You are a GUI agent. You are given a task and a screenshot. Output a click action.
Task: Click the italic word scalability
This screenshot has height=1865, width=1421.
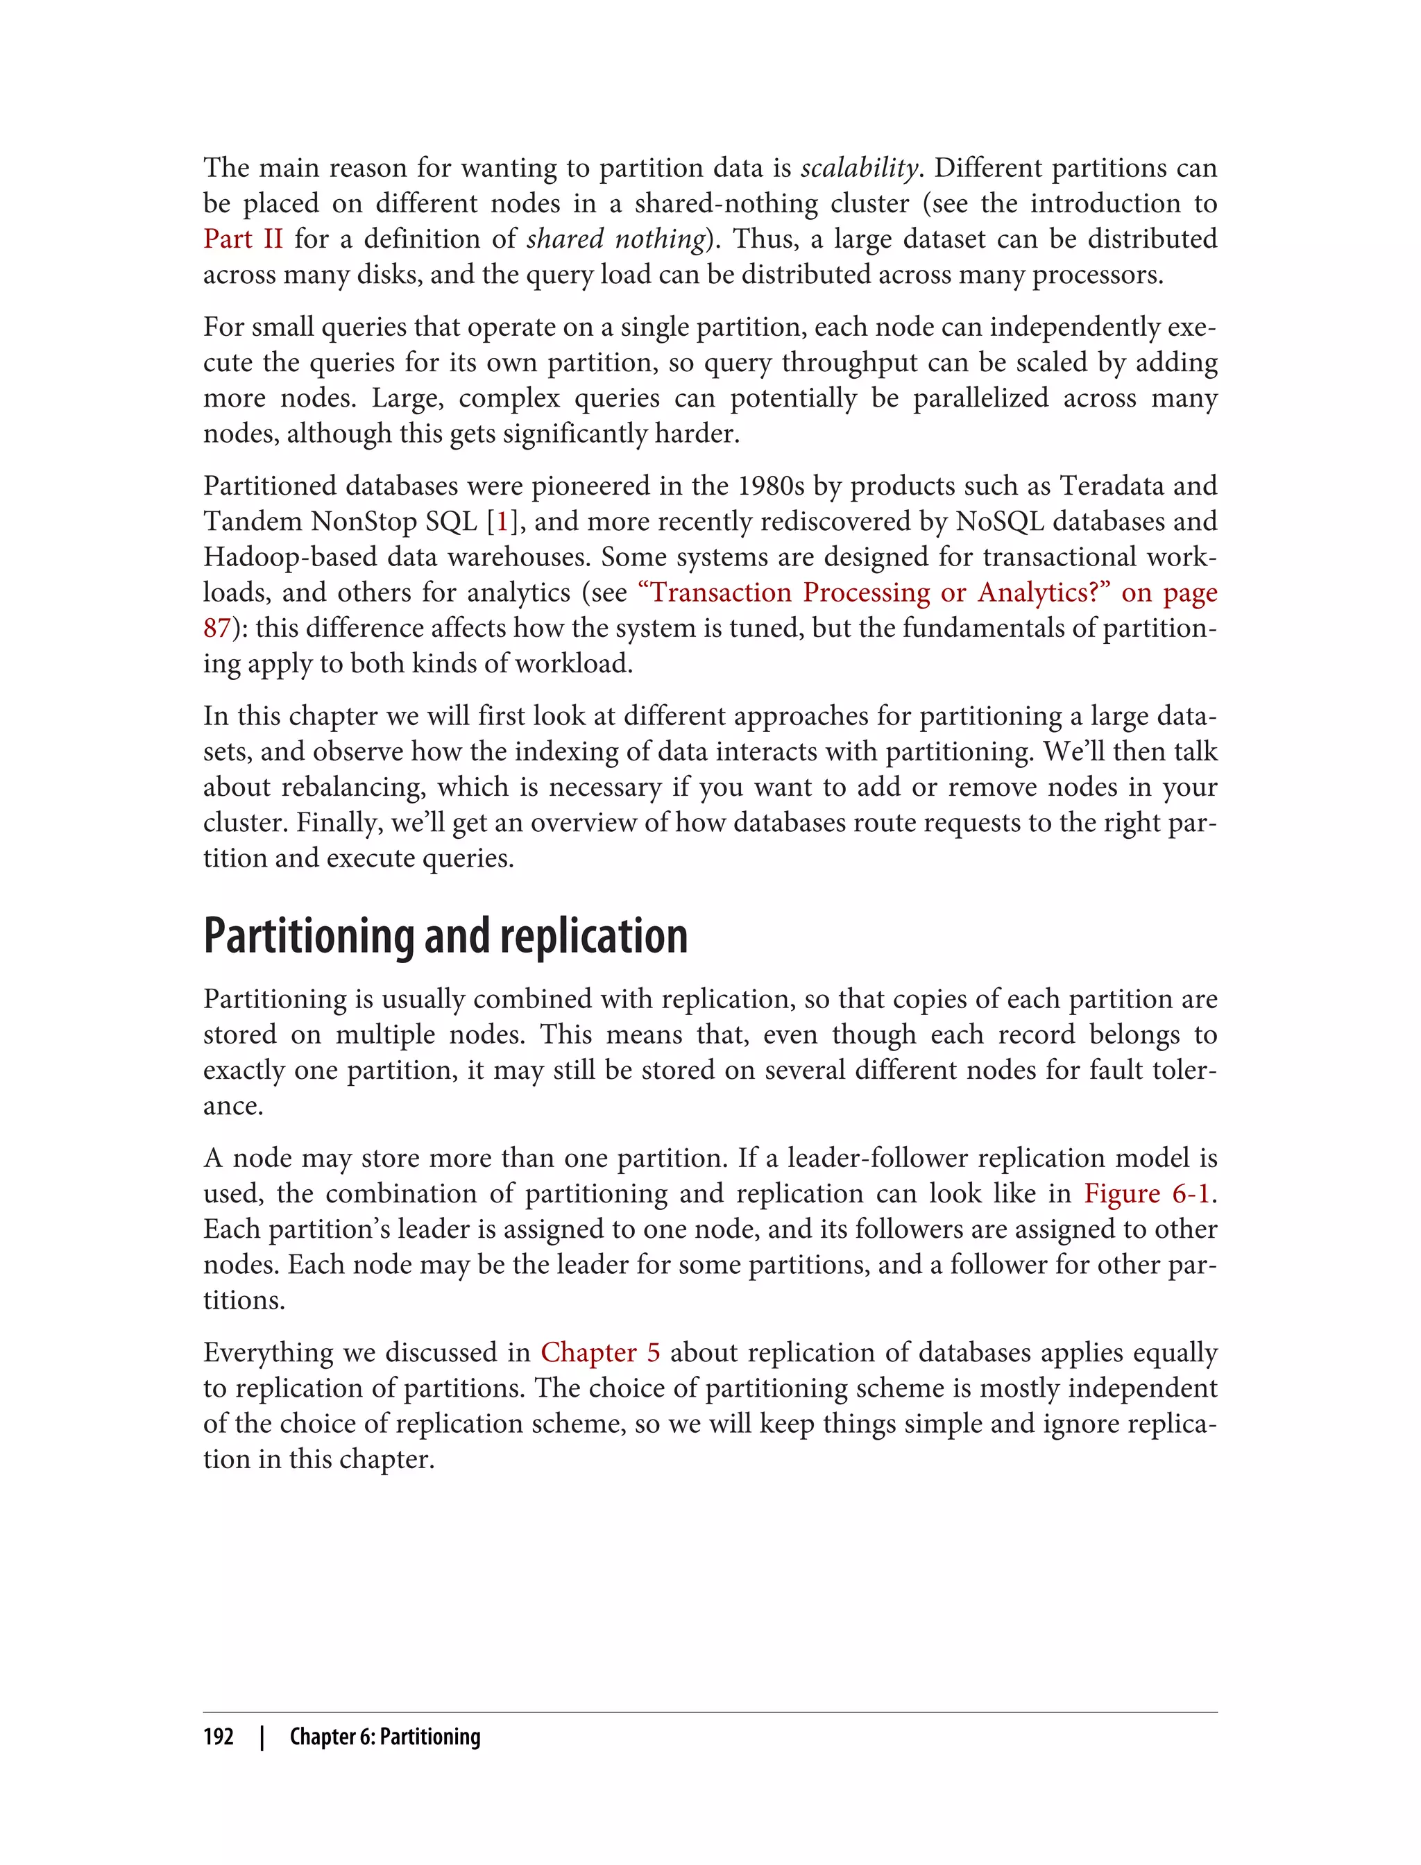pyautogui.click(x=858, y=169)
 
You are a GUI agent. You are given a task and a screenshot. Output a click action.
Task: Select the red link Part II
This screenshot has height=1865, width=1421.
pyautogui.click(x=243, y=239)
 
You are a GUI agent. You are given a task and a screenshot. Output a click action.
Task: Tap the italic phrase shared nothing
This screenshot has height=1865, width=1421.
pyautogui.click(x=615, y=239)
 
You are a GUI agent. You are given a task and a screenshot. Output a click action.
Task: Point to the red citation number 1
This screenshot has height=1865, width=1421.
pyautogui.click(x=502, y=522)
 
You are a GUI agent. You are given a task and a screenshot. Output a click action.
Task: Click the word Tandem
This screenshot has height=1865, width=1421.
pyautogui.click(x=252, y=522)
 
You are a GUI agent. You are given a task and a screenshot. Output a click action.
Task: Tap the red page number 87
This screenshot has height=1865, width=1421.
pyautogui.click(x=217, y=629)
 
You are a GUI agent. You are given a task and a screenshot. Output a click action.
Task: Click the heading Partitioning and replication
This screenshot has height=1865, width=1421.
pyautogui.click(x=445, y=936)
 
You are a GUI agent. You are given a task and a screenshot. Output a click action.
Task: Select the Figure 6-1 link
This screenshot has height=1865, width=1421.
pyautogui.click(x=1147, y=1193)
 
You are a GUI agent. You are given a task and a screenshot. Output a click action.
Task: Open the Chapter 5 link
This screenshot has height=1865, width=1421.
pyautogui.click(x=599, y=1352)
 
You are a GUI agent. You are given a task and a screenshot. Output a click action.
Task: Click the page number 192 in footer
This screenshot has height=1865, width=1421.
pyautogui.click(x=219, y=1737)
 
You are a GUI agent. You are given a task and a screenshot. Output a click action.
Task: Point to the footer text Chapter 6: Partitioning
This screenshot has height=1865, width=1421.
pyautogui.click(x=385, y=1737)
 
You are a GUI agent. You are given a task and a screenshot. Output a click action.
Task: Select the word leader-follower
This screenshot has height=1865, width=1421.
pyautogui.click(x=877, y=1158)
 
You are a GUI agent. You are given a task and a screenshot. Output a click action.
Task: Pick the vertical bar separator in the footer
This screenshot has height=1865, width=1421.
pyautogui.click(x=262, y=1737)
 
